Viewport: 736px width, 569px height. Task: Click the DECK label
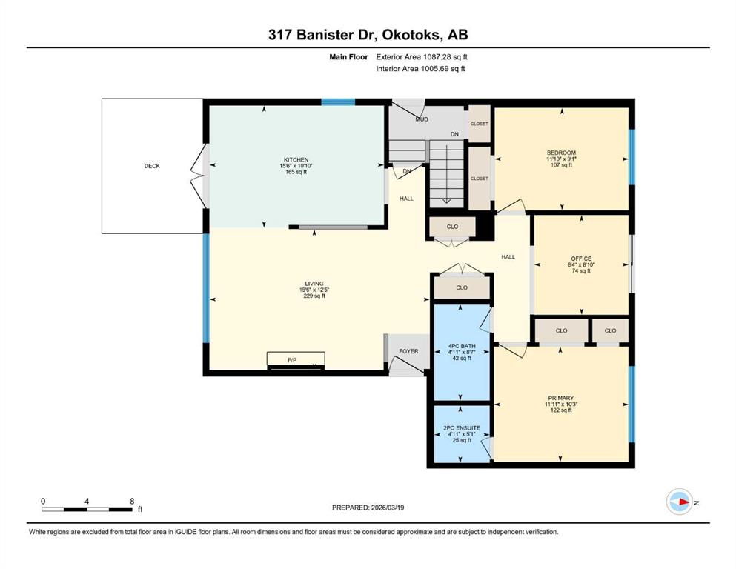tap(152, 166)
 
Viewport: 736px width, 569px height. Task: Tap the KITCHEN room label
tap(296, 160)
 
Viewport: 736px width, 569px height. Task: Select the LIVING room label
tap(314, 284)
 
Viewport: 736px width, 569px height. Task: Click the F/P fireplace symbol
tap(296, 360)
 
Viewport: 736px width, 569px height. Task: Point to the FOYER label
tap(409, 351)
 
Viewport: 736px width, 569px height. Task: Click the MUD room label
tap(422, 119)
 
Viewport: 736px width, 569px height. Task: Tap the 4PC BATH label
tap(462, 346)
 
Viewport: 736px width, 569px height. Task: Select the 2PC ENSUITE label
tap(462, 428)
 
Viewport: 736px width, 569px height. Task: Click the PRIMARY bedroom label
tap(561, 399)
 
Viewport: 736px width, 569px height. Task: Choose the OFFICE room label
tap(581, 259)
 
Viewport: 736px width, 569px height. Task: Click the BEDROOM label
tap(561, 153)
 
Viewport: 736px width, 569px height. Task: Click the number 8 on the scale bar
tap(133, 501)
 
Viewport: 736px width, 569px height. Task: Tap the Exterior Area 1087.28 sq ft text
tap(422, 57)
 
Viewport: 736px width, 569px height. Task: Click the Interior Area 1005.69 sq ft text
tap(420, 69)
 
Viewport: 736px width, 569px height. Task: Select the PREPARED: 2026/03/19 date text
tap(368, 508)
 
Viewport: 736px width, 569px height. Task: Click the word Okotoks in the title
tap(411, 35)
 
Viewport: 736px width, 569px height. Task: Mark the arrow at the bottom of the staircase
tap(446, 200)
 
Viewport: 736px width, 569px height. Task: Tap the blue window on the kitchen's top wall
tap(338, 102)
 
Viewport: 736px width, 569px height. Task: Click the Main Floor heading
tap(349, 57)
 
